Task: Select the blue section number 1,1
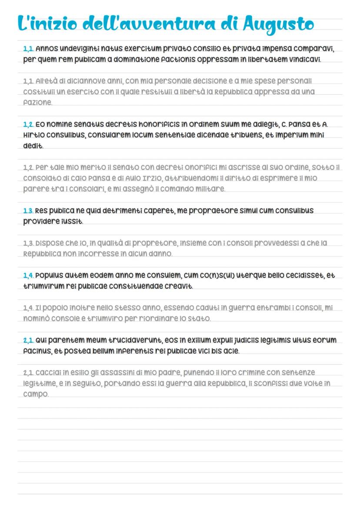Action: (x=28, y=48)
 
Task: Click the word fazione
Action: (x=37, y=103)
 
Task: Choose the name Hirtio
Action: (x=33, y=135)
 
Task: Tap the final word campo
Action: (x=36, y=394)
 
